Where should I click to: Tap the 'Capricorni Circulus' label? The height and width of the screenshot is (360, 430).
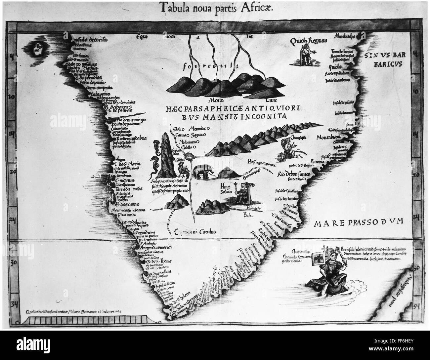195,232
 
